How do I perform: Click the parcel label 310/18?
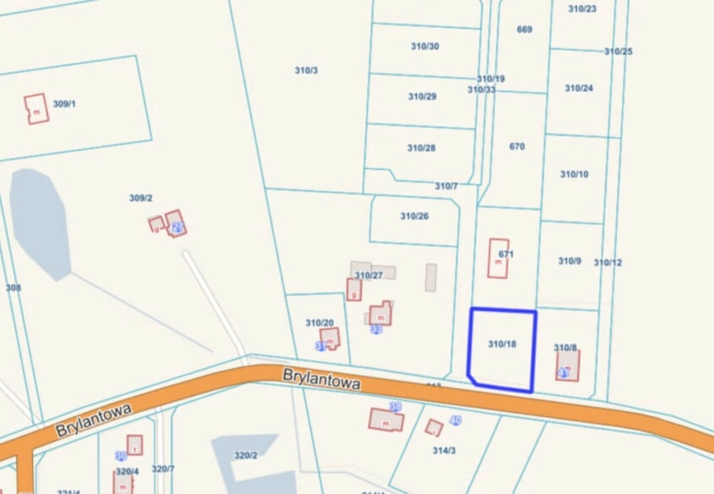coord(502,344)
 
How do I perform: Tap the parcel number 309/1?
coord(64,104)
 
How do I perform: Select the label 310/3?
coord(306,70)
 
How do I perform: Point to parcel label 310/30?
coord(423,46)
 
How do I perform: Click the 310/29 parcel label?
coord(422,96)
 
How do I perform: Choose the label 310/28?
coord(421,148)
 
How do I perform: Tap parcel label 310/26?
coord(414,216)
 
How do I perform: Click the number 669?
coord(524,30)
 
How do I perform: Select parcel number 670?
coord(517,146)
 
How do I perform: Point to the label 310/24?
coord(579,88)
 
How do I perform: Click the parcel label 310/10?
coord(574,174)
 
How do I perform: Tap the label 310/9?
coord(570,261)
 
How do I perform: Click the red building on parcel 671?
coord(499,258)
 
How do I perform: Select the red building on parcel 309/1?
coord(36,109)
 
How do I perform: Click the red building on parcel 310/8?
coord(568,366)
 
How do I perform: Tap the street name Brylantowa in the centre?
coord(323,377)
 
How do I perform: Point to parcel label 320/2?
coord(245,455)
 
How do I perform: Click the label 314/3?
coord(444,450)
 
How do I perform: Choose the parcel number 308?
coord(13,288)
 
